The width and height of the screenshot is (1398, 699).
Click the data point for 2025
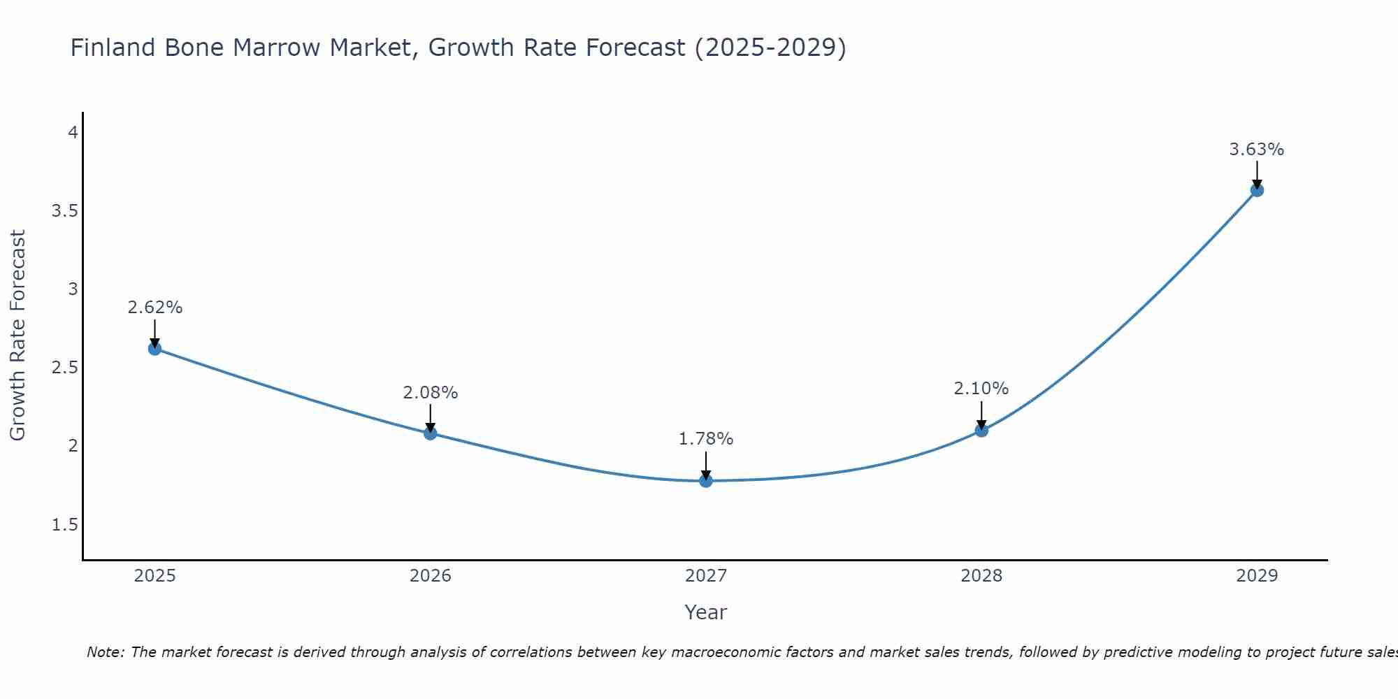click(154, 348)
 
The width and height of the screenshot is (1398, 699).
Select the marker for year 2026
click(430, 433)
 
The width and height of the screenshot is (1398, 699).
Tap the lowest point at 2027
click(706, 480)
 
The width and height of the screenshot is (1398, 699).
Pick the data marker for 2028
click(981, 430)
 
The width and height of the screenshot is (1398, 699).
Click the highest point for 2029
click(1257, 190)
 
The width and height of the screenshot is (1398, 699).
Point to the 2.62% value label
click(154, 308)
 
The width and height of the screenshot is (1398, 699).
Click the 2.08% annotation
click(430, 393)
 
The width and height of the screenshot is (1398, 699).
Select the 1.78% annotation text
click(706, 439)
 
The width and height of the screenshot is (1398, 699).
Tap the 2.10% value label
click(981, 388)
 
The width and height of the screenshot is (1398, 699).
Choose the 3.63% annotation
click(1257, 150)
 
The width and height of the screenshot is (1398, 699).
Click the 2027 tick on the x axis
click(706, 576)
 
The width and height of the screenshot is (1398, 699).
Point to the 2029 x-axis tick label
click(1257, 576)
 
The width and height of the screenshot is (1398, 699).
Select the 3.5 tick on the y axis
click(64, 211)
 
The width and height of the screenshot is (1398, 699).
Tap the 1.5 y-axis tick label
click(64, 524)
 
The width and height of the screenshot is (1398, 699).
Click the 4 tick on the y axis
click(73, 132)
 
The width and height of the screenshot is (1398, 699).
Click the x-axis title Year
click(706, 612)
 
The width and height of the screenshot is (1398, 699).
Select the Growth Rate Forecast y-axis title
click(18, 336)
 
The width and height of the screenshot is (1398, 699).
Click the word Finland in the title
click(113, 48)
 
